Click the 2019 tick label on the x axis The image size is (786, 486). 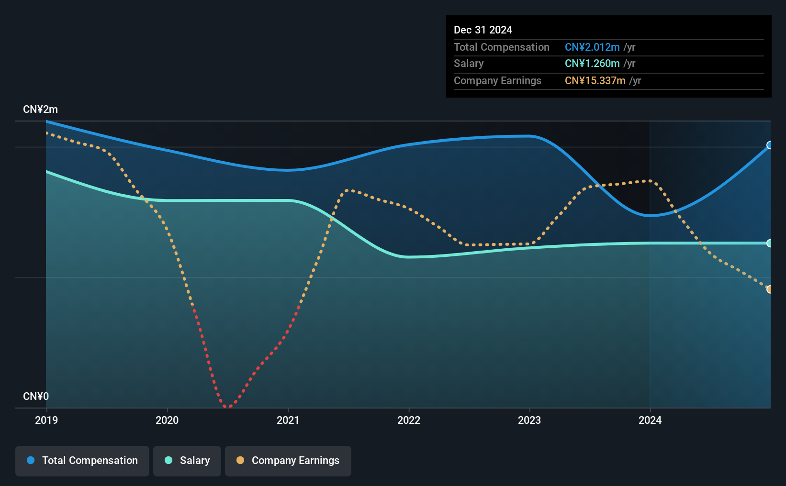[46, 420]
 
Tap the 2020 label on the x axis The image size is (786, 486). [167, 420]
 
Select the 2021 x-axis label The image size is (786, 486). [288, 420]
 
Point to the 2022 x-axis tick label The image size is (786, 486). [409, 420]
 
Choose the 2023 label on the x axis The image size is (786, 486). [529, 420]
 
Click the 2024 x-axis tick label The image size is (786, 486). [650, 420]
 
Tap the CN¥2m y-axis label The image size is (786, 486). [40, 110]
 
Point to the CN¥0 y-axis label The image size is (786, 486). [36, 396]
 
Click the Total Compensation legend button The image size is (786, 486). [82, 461]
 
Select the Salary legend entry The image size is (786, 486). [187, 461]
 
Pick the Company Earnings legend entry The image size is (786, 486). [288, 461]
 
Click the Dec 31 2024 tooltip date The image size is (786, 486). [483, 30]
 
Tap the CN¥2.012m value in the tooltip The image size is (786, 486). [592, 47]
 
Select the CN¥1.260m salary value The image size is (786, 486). [592, 64]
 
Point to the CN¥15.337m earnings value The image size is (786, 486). [595, 81]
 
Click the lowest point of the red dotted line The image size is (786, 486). [228, 407]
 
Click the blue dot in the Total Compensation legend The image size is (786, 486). [31, 460]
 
